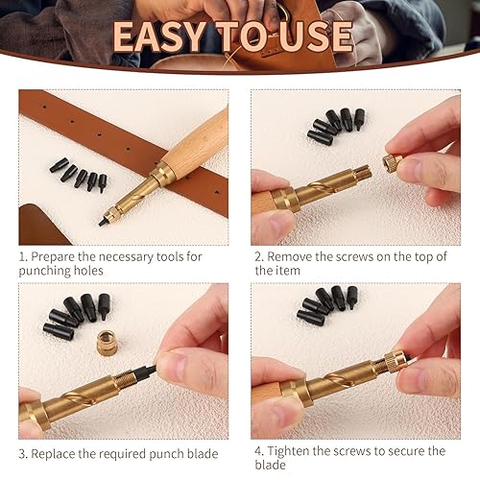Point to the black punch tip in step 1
(x=102, y=221)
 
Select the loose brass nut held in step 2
(x=393, y=162)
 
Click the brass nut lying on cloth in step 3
(x=107, y=342)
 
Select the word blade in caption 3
(x=202, y=454)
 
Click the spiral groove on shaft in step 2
(x=324, y=188)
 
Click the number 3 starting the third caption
(x=22, y=454)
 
